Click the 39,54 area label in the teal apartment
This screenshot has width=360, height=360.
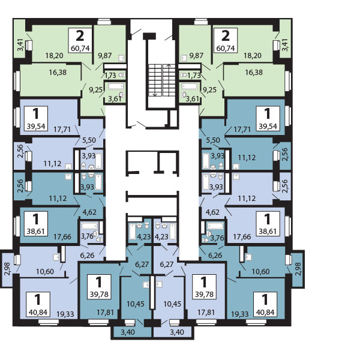pos(268,126)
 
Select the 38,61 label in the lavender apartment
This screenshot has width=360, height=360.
pos(268,232)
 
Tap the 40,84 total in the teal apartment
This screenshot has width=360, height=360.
pos(265,312)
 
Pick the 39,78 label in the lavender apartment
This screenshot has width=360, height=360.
pos(205,295)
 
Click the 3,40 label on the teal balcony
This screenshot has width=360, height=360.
pos(128,332)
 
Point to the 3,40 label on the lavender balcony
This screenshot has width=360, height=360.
pos(177,332)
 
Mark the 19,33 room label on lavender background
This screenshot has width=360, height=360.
pos(65,314)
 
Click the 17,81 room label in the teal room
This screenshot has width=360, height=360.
pos(106,312)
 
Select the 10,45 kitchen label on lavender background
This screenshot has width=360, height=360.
pos(172,304)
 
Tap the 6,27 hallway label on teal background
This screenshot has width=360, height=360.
pos(142,265)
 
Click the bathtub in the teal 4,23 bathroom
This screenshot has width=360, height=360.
pos(133,232)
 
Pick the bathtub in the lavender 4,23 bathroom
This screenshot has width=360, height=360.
pos(173,232)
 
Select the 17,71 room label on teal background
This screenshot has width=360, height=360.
pos(242,130)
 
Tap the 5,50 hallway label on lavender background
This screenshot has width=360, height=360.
pos(89,140)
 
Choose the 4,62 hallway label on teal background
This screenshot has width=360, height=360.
pos(89,212)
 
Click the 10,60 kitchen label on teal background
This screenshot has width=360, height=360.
pos(260,272)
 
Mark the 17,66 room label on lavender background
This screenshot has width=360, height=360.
pos(242,237)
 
